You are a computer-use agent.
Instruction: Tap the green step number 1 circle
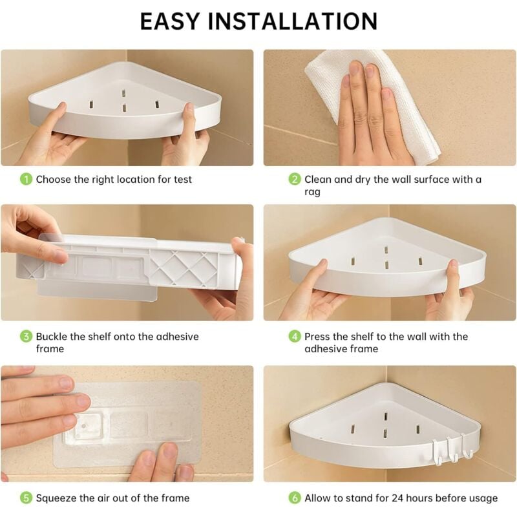pyautogui.click(x=26, y=179)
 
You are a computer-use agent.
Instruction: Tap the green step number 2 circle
pyautogui.click(x=295, y=179)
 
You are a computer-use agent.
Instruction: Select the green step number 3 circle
pyautogui.click(x=26, y=336)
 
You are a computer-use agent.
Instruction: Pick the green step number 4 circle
pyautogui.click(x=295, y=336)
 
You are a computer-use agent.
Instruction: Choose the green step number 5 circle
pyautogui.click(x=26, y=498)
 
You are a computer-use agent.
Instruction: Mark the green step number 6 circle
pyautogui.click(x=295, y=498)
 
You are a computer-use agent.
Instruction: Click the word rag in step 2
pyautogui.click(x=313, y=192)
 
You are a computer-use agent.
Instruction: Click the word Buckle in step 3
pyautogui.click(x=52, y=336)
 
